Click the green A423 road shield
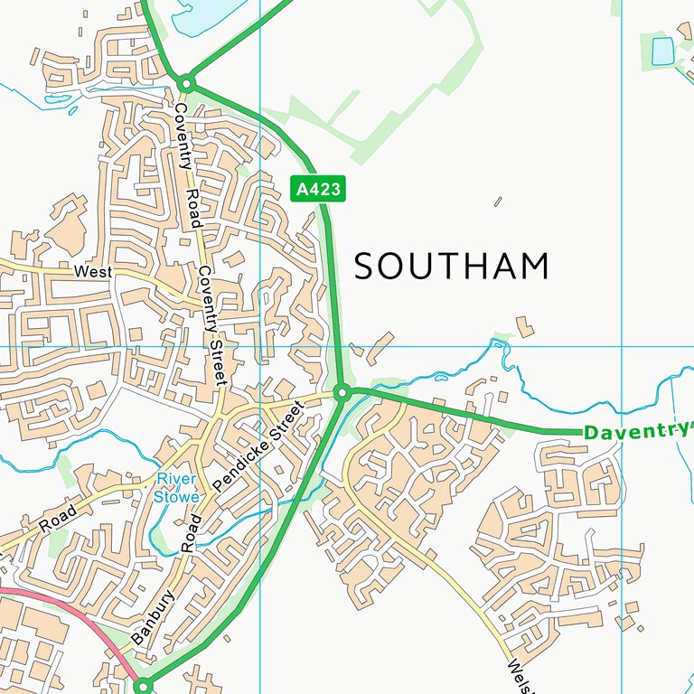pyautogui.click(x=319, y=190)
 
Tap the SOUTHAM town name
pyautogui.click(x=451, y=267)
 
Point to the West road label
pyautogui.click(x=93, y=271)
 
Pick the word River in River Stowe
pyautogui.click(x=175, y=479)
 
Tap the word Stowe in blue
pyautogui.click(x=175, y=497)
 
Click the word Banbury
pyautogui.click(x=144, y=620)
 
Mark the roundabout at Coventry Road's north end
pyautogui.click(x=186, y=84)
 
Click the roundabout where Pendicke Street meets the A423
pyautogui.click(x=342, y=392)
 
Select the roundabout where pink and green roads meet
pyautogui.click(x=142, y=687)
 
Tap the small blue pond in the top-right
pyautogui.click(x=662, y=52)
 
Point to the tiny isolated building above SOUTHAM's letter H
pyautogui.click(x=497, y=202)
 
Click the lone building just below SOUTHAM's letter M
pyautogui.click(x=523, y=326)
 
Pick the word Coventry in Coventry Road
pyautogui.click(x=183, y=136)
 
